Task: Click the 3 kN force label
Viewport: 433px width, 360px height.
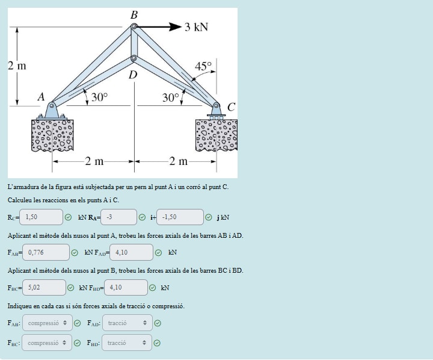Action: click(x=197, y=27)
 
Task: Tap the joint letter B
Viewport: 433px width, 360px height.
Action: click(x=134, y=14)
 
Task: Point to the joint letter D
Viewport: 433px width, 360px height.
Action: click(x=133, y=75)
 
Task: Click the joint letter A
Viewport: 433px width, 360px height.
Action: click(x=41, y=96)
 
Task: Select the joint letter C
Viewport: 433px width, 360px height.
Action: click(x=231, y=107)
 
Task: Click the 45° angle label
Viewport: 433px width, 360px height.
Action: click(x=203, y=66)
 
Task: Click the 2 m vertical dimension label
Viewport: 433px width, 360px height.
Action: click(x=17, y=65)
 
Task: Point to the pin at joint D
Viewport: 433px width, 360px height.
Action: click(x=134, y=59)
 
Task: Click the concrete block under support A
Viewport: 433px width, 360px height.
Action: click(x=52, y=135)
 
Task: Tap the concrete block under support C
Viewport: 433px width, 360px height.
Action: click(x=216, y=135)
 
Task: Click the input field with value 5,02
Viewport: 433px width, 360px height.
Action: click(x=44, y=288)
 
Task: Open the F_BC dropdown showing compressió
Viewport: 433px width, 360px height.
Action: click(x=47, y=343)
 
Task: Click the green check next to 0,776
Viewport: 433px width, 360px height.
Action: click(x=76, y=253)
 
